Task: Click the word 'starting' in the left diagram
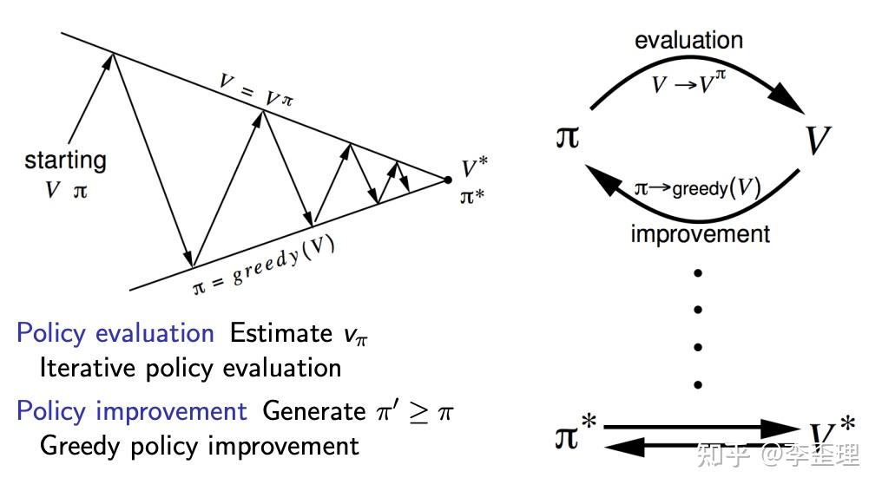[65, 160]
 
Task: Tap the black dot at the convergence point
[448, 180]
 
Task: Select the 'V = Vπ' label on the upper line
[256, 91]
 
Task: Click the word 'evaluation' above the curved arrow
[688, 40]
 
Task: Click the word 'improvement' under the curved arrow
[700, 234]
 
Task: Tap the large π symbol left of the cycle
[567, 137]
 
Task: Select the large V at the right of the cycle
[817, 140]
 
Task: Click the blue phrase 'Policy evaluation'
[115, 333]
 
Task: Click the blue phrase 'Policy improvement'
[131, 410]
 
